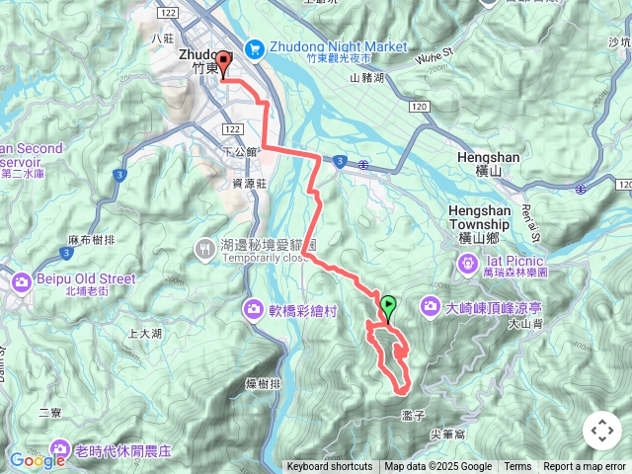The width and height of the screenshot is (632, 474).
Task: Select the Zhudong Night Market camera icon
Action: click(x=254, y=46)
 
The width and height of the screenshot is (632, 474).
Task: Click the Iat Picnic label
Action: click(x=512, y=260)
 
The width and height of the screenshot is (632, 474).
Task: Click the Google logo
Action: click(x=37, y=460)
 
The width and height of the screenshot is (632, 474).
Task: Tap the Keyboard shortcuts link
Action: click(x=330, y=467)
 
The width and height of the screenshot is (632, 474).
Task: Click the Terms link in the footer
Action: click(x=517, y=467)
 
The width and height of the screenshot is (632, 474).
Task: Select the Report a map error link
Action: click(x=585, y=467)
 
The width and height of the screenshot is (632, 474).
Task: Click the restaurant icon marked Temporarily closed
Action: click(x=204, y=248)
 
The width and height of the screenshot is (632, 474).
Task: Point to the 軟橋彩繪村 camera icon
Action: click(x=254, y=310)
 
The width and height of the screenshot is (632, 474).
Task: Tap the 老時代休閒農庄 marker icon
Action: click(x=62, y=450)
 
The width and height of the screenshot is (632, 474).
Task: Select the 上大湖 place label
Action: click(x=144, y=334)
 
